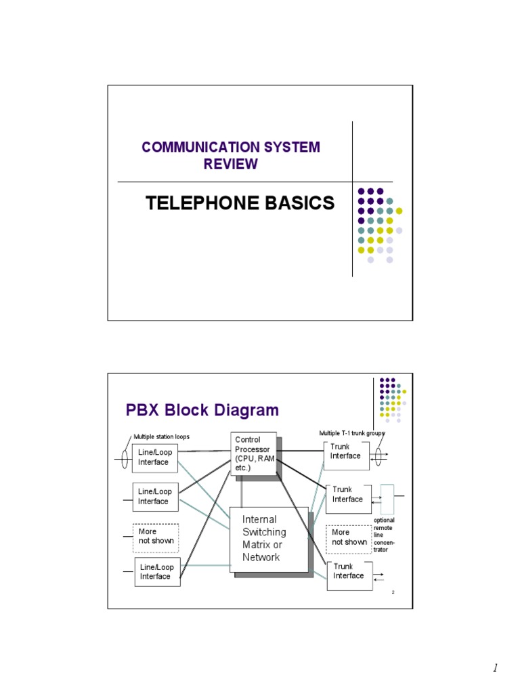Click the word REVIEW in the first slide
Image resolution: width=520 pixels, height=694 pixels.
[231, 164]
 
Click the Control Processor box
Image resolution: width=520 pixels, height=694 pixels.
[253, 454]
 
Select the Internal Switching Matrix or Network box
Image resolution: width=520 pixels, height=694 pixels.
[269, 539]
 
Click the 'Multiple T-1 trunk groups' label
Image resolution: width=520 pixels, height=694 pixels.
[351, 432]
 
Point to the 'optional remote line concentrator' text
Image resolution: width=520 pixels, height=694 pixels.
[385, 534]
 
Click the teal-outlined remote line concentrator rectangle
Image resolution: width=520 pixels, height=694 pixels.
[387, 499]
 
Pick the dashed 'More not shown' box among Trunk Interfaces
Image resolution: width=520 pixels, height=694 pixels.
[349, 537]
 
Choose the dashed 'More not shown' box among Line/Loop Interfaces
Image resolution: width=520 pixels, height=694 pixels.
[156, 536]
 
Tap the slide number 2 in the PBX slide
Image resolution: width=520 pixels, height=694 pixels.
[393, 593]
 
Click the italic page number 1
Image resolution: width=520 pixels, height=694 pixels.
[495, 668]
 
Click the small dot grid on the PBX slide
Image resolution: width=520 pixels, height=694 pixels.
[393, 399]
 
